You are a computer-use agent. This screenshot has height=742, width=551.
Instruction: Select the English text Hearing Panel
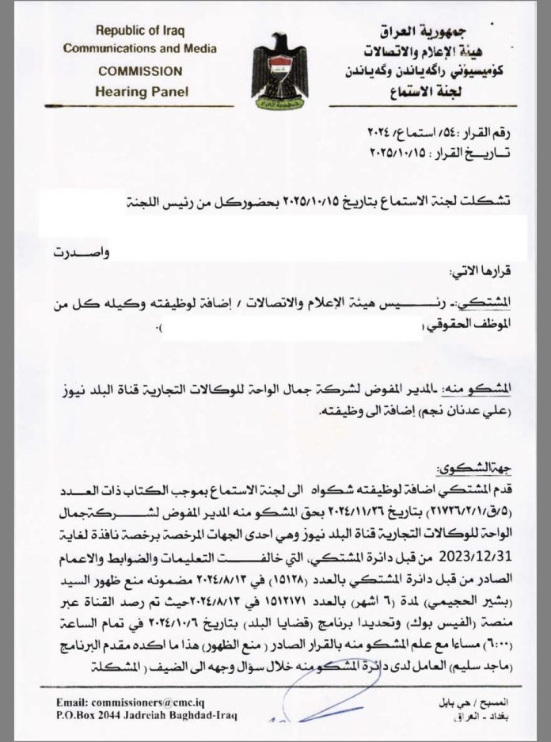tap(142, 91)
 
